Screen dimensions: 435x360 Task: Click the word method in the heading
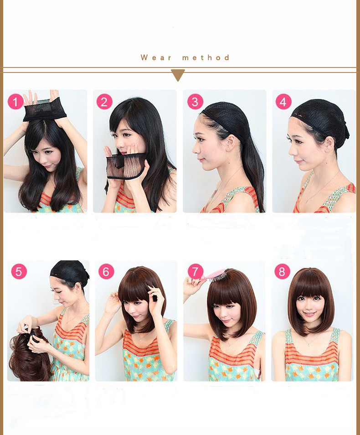click(x=206, y=58)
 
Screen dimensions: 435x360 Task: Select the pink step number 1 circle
click(x=15, y=102)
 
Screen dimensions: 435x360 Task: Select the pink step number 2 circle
click(x=104, y=102)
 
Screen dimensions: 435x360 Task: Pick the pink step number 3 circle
click(x=195, y=102)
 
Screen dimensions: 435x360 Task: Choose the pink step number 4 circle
click(x=283, y=102)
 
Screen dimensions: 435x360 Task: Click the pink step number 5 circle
click(x=19, y=271)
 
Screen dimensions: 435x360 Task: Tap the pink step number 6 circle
click(x=106, y=272)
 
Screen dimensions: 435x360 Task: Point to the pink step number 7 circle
click(x=195, y=272)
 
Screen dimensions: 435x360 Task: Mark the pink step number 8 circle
click(x=282, y=272)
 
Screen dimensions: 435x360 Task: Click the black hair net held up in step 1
click(x=44, y=109)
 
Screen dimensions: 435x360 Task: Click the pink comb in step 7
click(x=215, y=275)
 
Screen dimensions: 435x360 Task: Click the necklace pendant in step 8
click(x=310, y=345)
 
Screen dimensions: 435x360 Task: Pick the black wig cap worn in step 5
click(x=69, y=272)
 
